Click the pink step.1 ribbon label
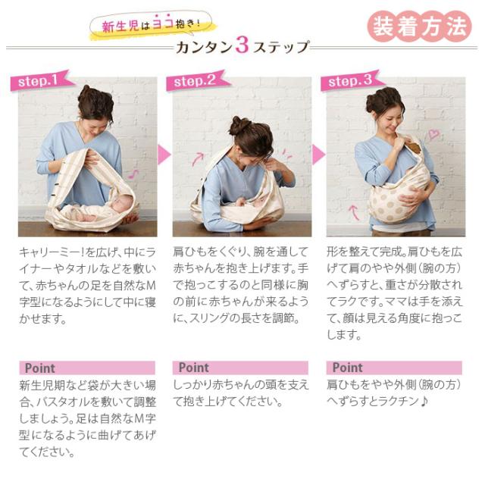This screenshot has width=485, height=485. coord(42,80)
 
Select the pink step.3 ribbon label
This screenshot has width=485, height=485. coord(352,80)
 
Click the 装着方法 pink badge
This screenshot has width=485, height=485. coord(419,27)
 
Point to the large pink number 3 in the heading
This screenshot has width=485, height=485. coord(242,45)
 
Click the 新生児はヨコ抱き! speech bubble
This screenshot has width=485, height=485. coord(152,25)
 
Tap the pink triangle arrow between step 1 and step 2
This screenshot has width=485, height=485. coord(164,155)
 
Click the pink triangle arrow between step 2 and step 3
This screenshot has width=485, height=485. coord(318,155)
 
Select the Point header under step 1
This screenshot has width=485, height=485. coord(87,368)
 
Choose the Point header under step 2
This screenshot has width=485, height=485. coord(240,368)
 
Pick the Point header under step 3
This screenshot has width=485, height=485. coord(394,368)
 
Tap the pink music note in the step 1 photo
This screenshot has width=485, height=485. coord(133,174)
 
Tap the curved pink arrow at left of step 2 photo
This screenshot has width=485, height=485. coord(198,158)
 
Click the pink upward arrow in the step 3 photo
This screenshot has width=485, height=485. coord(354,212)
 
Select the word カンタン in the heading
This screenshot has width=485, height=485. coord(205,48)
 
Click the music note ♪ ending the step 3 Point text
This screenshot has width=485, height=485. coord(424,402)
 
